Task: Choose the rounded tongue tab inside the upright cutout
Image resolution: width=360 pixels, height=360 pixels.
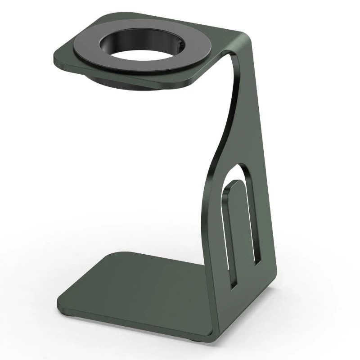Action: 236,225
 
